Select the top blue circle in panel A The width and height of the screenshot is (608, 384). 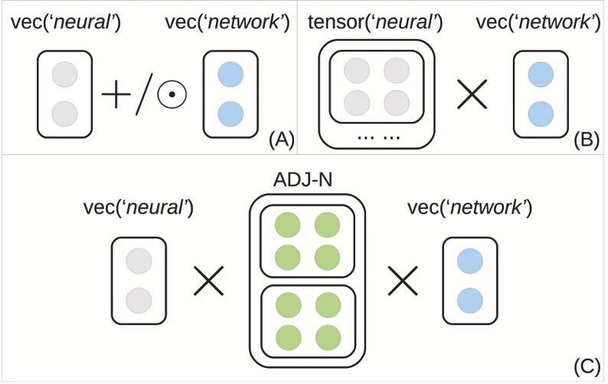point(230,77)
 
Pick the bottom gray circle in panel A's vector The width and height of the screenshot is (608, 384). point(64,113)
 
